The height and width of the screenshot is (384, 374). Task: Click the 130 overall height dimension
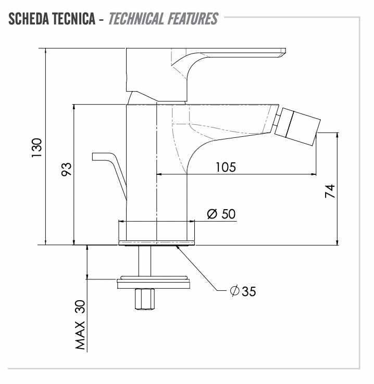click(x=37, y=148)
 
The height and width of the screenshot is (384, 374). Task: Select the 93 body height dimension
click(x=66, y=169)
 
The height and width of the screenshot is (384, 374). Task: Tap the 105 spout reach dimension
click(x=226, y=167)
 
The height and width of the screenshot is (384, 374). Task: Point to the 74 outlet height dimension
click(x=330, y=191)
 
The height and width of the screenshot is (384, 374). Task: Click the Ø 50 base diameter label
click(x=221, y=214)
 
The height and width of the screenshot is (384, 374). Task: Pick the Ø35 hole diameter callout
click(x=243, y=291)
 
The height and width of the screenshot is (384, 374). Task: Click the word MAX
click(x=80, y=336)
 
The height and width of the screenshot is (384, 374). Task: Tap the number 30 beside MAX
click(x=80, y=306)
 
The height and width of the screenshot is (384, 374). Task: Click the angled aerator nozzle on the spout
click(x=297, y=126)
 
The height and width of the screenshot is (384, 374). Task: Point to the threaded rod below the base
click(x=144, y=261)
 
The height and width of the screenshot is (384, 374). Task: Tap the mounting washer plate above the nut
click(x=154, y=283)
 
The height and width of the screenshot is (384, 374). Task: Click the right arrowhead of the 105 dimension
click(x=314, y=174)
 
